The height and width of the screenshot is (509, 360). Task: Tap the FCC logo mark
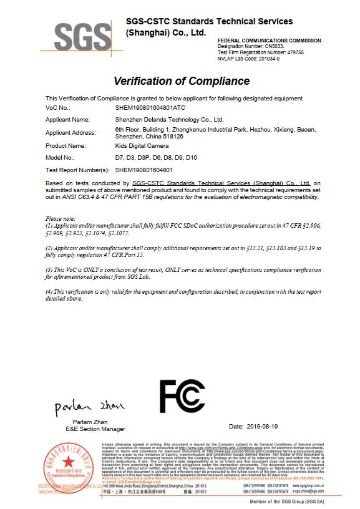182,395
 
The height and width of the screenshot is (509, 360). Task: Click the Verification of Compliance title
182,81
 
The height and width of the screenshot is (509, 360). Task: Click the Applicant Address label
72,132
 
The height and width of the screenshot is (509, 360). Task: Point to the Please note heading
61,218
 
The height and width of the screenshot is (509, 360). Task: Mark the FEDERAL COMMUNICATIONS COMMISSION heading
269,41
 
